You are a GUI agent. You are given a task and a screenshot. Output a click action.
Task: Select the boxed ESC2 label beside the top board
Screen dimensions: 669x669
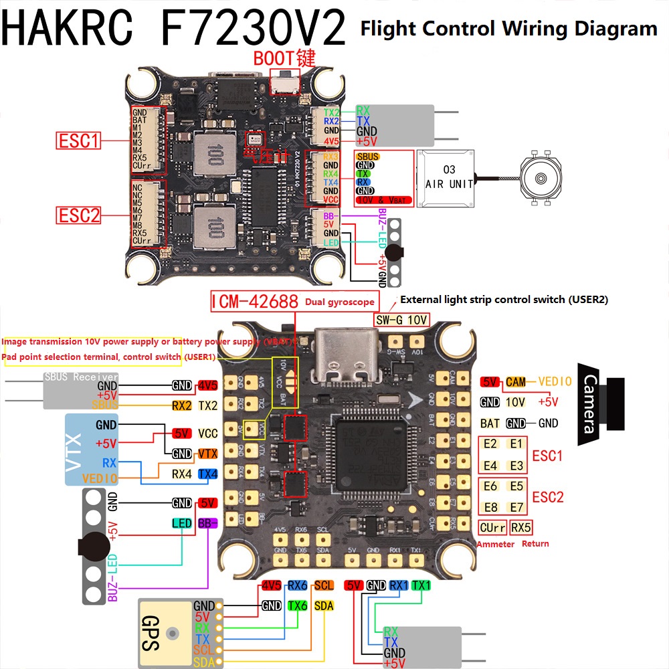tap(78, 215)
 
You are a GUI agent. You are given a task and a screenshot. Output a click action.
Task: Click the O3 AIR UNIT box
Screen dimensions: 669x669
tap(445, 177)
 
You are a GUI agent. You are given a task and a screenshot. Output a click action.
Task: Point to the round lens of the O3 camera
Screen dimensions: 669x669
tap(541, 179)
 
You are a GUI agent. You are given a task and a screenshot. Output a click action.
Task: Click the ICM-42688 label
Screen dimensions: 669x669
tap(255, 302)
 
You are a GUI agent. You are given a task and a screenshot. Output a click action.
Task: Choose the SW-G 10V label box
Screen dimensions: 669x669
tap(401, 320)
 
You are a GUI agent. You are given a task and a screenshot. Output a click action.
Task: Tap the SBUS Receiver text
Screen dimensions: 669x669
tap(81, 377)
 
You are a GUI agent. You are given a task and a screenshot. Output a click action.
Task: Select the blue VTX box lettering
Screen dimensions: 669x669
tap(74, 450)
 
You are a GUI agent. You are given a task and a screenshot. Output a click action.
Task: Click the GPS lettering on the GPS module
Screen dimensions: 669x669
tap(151, 633)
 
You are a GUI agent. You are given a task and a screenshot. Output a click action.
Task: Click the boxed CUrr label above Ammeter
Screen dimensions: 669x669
tap(492, 527)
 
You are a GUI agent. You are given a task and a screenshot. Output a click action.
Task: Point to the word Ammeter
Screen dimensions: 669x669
tap(496, 544)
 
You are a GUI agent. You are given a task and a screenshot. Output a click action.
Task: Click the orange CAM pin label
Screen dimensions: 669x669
tap(516, 382)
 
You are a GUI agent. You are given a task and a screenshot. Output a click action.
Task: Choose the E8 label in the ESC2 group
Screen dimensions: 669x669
tap(490, 507)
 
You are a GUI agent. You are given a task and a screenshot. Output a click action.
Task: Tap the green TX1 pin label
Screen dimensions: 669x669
tap(421, 585)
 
